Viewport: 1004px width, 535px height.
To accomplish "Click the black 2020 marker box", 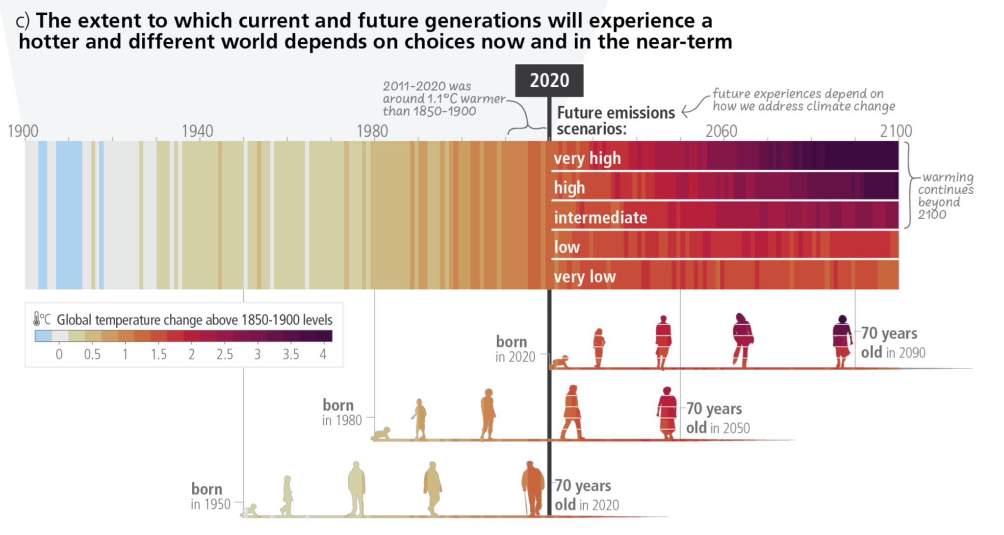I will click(x=549, y=80).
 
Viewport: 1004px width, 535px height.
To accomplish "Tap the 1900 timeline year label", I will click(x=23, y=131).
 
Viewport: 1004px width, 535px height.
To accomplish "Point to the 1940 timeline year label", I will click(x=197, y=131).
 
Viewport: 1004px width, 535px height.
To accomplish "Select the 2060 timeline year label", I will click(x=721, y=131).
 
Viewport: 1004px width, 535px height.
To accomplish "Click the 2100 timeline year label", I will click(x=896, y=131).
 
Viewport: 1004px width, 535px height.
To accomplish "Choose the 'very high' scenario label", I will click(x=587, y=158).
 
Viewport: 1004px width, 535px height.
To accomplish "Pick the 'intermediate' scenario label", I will click(x=600, y=217).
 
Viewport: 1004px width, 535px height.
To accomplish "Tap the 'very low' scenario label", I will click(x=585, y=277).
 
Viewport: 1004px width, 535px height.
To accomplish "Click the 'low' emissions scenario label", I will click(x=567, y=247).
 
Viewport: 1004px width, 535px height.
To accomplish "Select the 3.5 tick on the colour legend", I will click(x=290, y=355).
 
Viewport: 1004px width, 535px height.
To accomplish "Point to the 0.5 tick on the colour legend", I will click(x=92, y=355).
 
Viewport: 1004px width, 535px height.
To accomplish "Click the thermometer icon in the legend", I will click(x=37, y=319).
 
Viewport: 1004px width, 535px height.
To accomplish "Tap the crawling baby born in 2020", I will click(x=560, y=362).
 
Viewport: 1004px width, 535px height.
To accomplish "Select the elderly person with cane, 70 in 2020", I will click(x=532, y=488).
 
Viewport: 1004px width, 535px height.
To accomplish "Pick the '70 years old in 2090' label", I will click(x=893, y=343).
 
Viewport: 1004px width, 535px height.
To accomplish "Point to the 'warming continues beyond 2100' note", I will click(x=945, y=196).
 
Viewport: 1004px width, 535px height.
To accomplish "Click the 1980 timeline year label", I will click(x=372, y=131).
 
